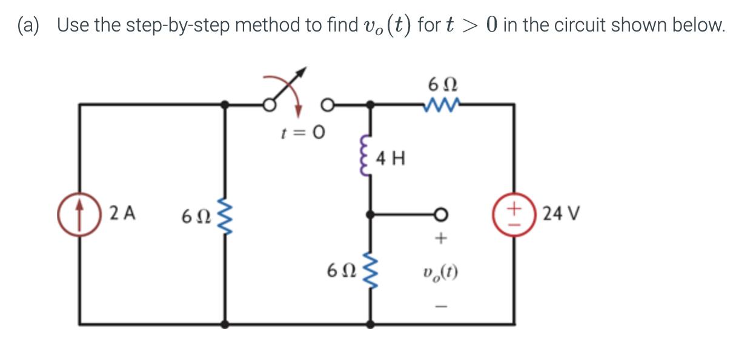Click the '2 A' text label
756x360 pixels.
123,214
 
